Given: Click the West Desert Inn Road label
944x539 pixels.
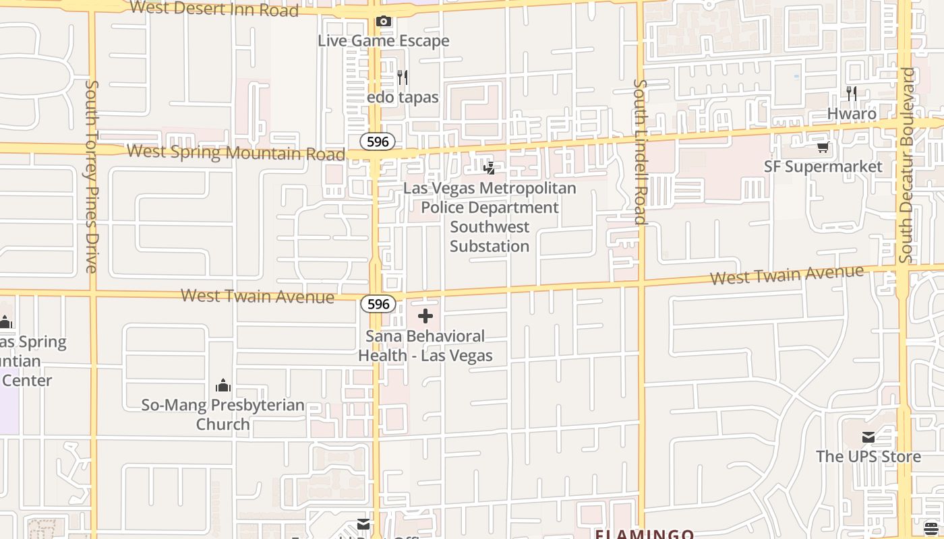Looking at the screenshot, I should coord(214,9).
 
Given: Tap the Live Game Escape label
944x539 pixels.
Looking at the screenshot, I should coord(383,40).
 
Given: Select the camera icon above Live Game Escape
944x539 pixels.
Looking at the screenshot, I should coord(383,22).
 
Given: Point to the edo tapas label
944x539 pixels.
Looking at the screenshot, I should coord(403,97).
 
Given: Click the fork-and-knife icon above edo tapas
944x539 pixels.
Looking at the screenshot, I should coord(403,77).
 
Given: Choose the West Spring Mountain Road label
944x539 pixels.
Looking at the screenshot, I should coord(236,152).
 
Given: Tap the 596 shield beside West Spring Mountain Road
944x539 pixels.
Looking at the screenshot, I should coord(378,141).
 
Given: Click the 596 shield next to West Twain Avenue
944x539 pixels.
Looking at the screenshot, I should coord(378,304).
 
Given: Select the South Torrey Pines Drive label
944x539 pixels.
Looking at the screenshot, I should coord(92,177).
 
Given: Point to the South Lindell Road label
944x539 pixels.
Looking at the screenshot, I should coord(640,152).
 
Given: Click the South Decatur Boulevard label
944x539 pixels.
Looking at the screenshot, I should coord(906,165).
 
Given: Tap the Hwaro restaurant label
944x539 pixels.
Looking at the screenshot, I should coord(852,113).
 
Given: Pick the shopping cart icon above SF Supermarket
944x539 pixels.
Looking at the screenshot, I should coord(823,148).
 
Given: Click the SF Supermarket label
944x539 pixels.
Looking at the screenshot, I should coord(823,166).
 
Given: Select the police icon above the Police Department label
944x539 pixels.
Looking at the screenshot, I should coord(490,168).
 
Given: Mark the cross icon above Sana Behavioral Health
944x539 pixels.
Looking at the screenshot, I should coord(425,316).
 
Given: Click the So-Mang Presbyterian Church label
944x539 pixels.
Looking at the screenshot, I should coord(223,414).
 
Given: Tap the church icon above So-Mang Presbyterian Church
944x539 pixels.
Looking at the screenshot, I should coord(223,385).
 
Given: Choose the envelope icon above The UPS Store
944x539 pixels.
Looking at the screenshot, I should coord(868,437).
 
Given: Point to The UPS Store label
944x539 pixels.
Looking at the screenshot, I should coord(868,456).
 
